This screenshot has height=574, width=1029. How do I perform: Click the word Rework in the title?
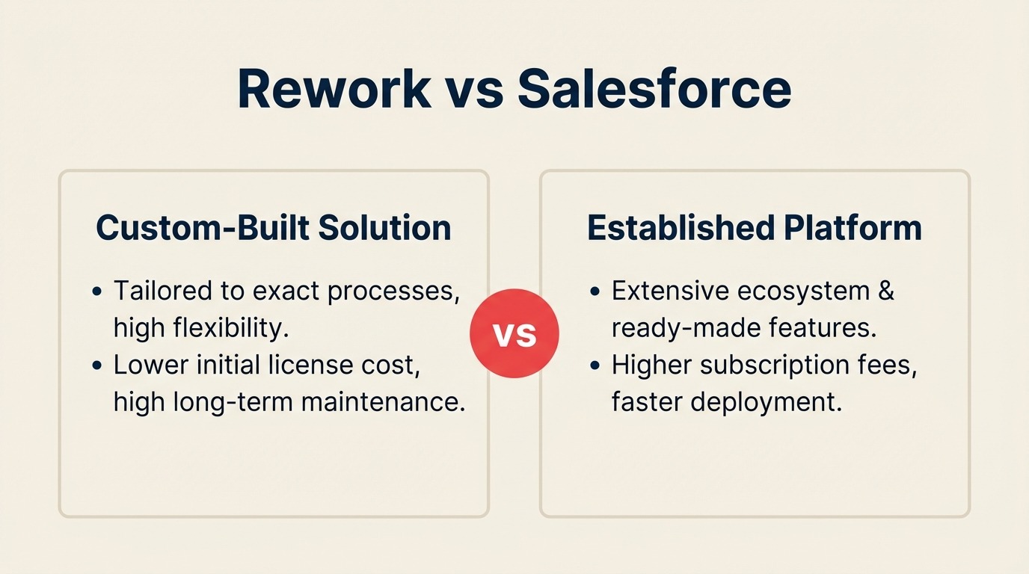(x=334, y=89)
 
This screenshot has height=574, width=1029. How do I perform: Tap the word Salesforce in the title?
(x=654, y=89)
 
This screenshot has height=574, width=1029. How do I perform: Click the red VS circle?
(x=514, y=334)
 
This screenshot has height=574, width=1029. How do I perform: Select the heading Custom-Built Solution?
(x=274, y=228)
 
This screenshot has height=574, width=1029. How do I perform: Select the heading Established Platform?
(x=755, y=228)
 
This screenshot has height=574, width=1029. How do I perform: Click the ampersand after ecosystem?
(x=885, y=290)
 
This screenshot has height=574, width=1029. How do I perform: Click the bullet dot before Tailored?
(x=96, y=291)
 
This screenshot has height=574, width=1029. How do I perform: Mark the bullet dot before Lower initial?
(x=96, y=366)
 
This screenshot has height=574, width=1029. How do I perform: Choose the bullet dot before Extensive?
(x=595, y=291)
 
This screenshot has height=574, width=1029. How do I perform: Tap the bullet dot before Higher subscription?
(x=595, y=366)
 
